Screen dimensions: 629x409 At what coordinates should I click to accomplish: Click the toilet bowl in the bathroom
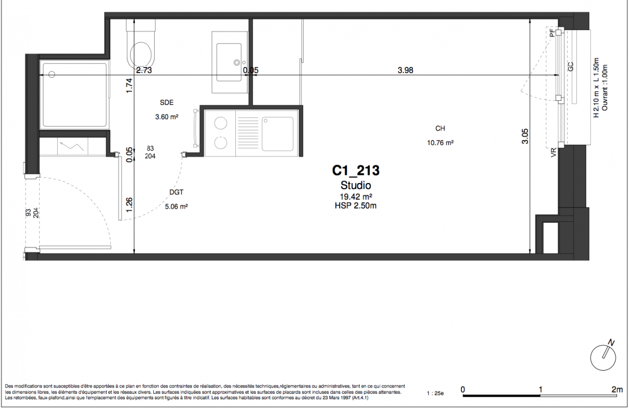pos(141,55)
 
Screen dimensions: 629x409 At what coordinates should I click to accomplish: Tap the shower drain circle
pos(52,75)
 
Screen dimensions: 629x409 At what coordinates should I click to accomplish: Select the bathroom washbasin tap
pos(237,62)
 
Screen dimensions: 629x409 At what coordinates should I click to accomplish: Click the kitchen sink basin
pos(277,134)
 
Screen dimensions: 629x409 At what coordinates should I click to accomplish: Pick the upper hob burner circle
pos(221,123)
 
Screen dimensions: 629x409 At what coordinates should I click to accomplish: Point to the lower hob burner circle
pos(221,143)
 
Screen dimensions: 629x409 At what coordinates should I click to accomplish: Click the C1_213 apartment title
pos(356,171)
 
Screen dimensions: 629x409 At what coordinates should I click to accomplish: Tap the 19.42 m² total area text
pos(356,196)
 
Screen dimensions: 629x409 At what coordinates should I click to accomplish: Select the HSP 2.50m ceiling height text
pos(355,206)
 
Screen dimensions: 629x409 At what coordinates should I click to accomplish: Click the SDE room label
pos(167,103)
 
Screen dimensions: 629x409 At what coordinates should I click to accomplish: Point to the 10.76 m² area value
pos(440,143)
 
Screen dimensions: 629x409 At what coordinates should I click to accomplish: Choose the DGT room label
pos(176,192)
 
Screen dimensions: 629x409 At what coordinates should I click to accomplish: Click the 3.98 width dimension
pos(405,70)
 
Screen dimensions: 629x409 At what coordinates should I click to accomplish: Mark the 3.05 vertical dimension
pos(525,137)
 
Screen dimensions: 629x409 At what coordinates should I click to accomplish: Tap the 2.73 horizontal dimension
pos(144,70)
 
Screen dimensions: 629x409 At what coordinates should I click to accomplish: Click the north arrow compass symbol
pos(603,356)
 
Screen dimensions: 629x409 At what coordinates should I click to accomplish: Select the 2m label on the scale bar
pos(617,390)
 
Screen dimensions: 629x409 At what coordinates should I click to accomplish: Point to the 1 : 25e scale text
pos(435,394)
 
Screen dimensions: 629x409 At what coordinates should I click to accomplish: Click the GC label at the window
pos(571,66)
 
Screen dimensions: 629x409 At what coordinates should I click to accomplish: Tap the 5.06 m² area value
pos(176,207)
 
